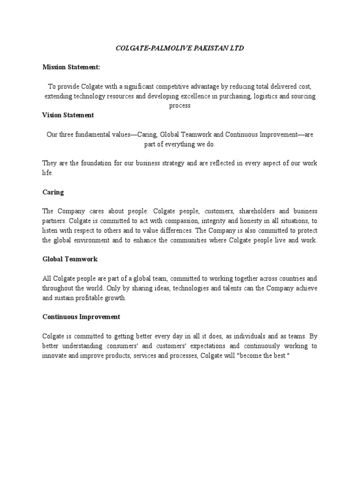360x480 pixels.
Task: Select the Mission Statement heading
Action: coord(71,67)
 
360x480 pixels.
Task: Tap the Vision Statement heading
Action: coord(68,115)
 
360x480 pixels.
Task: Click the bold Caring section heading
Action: coord(53,192)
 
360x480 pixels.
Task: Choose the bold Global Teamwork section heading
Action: coord(70,259)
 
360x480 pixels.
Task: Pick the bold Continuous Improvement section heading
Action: coord(81,317)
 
